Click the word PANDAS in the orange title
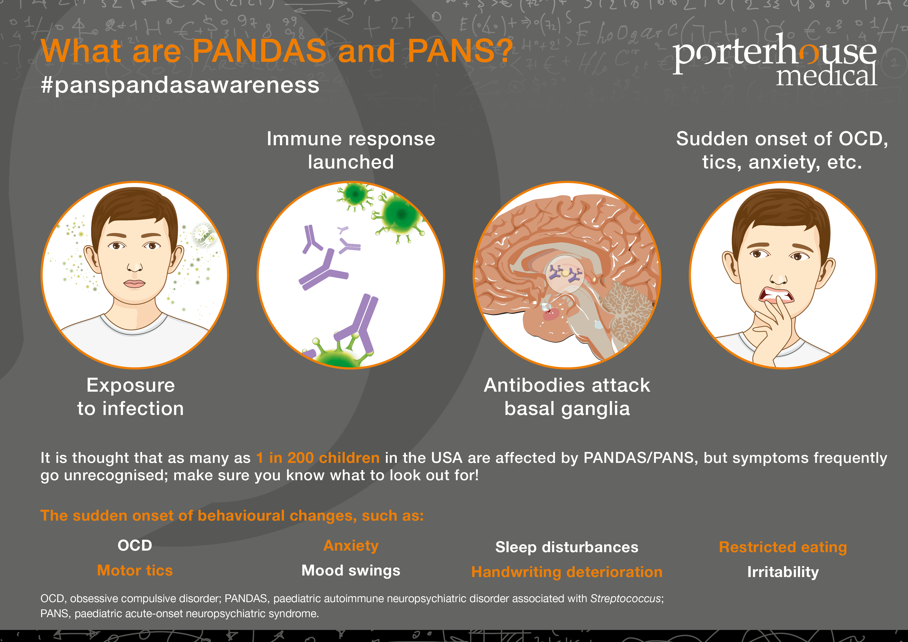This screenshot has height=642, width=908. [259, 52]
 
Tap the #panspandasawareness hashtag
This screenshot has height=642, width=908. [180, 85]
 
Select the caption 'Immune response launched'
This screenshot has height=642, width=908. [351, 150]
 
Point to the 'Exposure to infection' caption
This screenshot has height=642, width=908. [130, 397]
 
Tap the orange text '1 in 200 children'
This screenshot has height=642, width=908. [318, 458]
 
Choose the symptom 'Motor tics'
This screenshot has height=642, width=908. [135, 570]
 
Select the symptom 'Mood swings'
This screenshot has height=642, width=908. [351, 570]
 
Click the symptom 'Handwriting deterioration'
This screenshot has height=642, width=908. [567, 572]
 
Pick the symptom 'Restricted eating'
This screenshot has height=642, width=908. [783, 547]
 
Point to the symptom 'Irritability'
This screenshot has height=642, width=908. [783, 572]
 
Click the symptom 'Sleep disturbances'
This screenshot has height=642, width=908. [567, 547]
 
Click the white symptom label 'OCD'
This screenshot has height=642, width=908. [135, 545]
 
